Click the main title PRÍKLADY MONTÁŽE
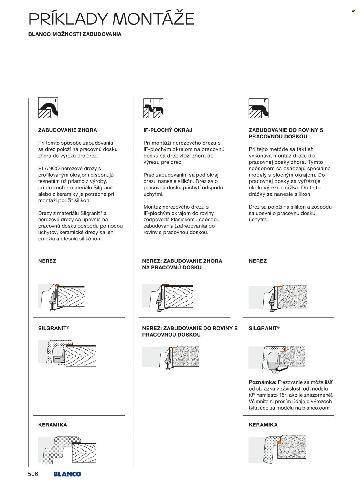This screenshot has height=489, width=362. click(111, 19)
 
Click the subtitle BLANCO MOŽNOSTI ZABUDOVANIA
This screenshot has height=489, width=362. click(75, 34)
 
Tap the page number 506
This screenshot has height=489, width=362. click(33, 474)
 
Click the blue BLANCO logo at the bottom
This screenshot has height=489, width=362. click(67, 474)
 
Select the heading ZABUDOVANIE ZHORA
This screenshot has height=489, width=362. click(67, 130)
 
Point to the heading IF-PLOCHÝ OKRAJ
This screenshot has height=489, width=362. click(168, 130)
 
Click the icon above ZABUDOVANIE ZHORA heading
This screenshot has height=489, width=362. click(48, 108)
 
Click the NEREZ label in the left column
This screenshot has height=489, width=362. click(47, 261)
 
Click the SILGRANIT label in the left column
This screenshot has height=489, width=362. click(54, 328)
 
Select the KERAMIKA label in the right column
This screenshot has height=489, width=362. click(263, 425)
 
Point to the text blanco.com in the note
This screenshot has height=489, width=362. click(316, 408)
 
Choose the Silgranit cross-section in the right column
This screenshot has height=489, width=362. click(277, 358)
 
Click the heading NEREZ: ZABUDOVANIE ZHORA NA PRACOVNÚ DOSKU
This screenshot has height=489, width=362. click(182, 264)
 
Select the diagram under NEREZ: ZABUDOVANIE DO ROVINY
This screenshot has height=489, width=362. click(170, 357)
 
